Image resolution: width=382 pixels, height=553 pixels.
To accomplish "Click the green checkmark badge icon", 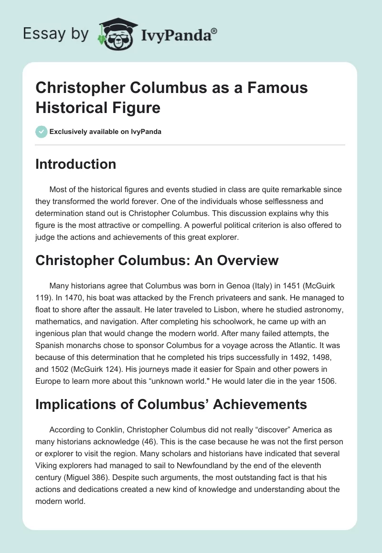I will [x=42, y=132].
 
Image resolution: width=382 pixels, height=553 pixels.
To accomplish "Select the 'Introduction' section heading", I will [x=76, y=164].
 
